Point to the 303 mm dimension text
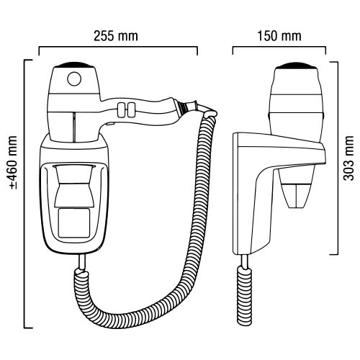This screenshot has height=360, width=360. click(x=348, y=159)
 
